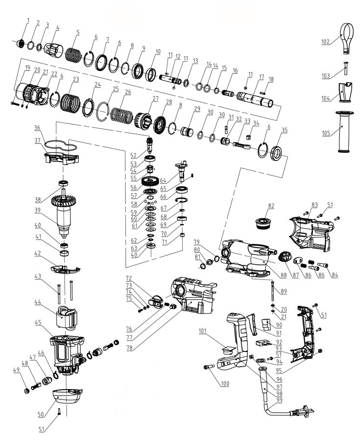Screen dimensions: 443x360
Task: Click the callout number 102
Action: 325,42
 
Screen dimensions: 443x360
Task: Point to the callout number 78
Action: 128,349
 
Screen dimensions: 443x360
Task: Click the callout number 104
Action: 325,98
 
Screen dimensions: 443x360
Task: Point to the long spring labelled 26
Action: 121,116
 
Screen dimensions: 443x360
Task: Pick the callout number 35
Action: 284,130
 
